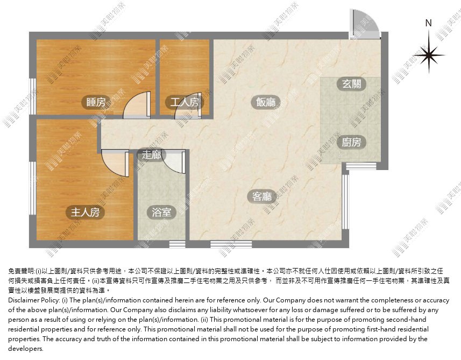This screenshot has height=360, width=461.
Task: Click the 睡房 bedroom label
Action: pyautogui.click(x=96, y=102)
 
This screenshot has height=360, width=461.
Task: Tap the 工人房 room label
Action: pyautogui.click(x=185, y=102)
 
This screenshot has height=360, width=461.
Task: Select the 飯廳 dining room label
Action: pyautogui.click(x=266, y=102)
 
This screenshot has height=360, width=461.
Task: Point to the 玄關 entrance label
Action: pyautogui.click(x=352, y=84)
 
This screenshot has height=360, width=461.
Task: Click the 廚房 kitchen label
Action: pyautogui.click(x=352, y=143)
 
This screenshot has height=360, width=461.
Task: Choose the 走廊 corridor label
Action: pyautogui.click(x=151, y=154)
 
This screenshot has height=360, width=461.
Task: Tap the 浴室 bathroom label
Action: pyautogui.click(x=161, y=213)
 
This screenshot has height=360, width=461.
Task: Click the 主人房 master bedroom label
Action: pyautogui.click(x=86, y=213)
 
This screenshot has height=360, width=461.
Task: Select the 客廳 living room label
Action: pyautogui.click(x=262, y=196)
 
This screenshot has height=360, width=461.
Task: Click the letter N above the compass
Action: pyautogui.click(x=429, y=23)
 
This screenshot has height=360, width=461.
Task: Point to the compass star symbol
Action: pyautogui.click(x=429, y=55)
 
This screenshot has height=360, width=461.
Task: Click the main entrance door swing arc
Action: pyautogui.click(x=365, y=23)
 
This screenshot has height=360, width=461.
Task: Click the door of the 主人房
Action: pyautogui.click(x=115, y=163)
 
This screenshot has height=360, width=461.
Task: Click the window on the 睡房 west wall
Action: pyautogui.click(x=33, y=96)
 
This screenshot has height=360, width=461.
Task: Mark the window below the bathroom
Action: pyautogui.click(x=178, y=244)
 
